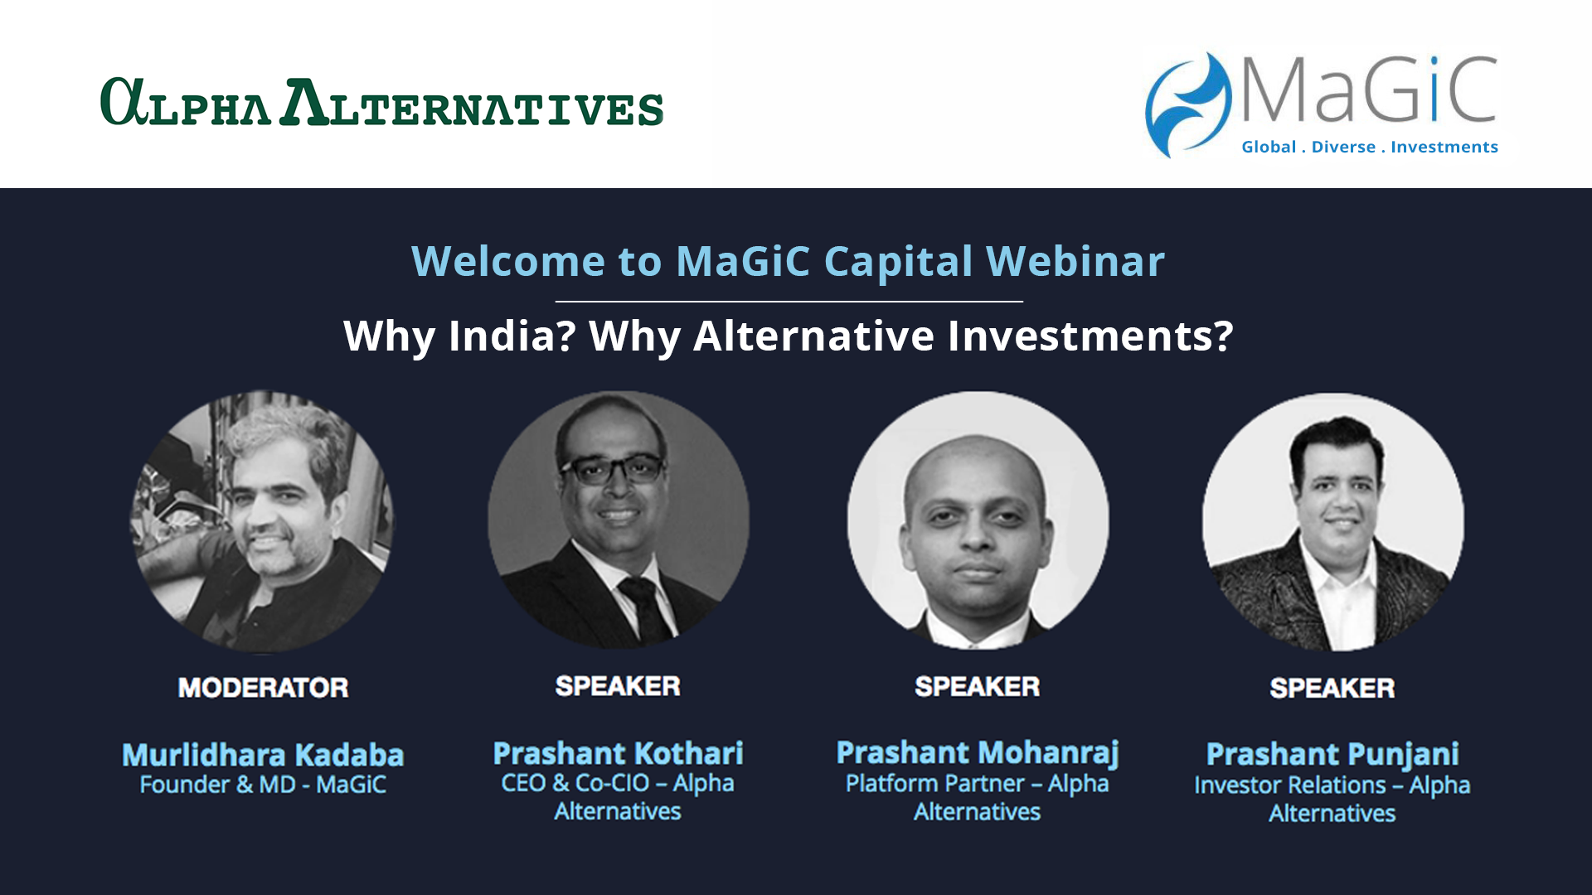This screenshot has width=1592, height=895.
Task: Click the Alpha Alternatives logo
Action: (381, 102)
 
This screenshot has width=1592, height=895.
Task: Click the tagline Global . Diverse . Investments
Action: (1370, 147)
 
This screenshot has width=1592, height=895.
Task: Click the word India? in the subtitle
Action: (512, 336)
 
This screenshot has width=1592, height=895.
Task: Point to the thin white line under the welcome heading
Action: (789, 301)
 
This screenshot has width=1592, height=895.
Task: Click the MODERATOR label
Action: (263, 688)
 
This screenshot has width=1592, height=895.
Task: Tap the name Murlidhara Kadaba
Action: (263, 755)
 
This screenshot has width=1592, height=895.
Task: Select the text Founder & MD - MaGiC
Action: (263, 785)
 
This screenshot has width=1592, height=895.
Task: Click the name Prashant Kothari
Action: (618, 753)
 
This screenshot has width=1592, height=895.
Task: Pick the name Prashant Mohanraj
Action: (978, 753)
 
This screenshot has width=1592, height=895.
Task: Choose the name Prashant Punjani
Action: (1332, 755)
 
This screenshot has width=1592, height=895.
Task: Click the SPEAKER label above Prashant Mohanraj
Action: (977, 686)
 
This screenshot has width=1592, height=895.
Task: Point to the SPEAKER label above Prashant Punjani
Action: (1332, 688)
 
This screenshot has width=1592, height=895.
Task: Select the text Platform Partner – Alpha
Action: (977, 784)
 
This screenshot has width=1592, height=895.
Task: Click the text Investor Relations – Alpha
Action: (1332, 786)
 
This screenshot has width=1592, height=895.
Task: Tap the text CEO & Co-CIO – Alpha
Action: (618, 783)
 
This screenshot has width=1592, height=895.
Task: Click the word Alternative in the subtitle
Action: (813, 336)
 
